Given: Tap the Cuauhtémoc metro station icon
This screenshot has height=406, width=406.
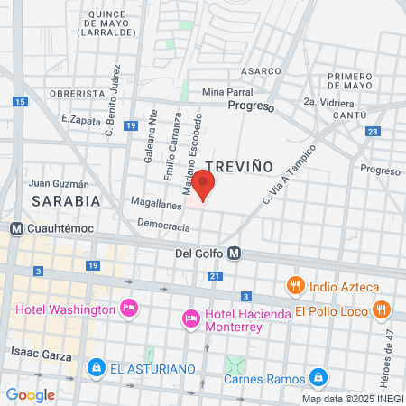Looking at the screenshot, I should click(x=16, y=229).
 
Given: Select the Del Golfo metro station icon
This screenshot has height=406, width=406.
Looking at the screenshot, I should click(x=234, y=254).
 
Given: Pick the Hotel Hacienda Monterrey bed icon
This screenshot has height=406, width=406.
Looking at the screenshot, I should click(x=190, y=318).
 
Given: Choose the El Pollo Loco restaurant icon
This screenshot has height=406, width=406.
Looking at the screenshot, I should click(x=382, y=309).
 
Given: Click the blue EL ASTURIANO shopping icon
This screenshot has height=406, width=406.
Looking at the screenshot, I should click(x=96, y=368).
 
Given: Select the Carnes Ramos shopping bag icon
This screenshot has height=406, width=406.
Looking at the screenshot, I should click(x=317, y=376).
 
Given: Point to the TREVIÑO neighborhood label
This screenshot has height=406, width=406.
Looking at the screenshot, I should click(x=238, y=166).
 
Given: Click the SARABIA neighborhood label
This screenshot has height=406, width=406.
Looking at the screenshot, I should click(x=65, y=200).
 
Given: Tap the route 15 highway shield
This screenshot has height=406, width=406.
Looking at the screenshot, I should click(x=20, y=103).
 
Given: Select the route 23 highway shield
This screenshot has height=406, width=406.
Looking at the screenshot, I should click(x=372, y=132).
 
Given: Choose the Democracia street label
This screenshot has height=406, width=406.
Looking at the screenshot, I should click(x=164, y=227).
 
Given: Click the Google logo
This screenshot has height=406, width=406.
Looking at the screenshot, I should click(x=30, y=394).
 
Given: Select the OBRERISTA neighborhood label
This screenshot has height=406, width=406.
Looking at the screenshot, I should click(x=77, y=93).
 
